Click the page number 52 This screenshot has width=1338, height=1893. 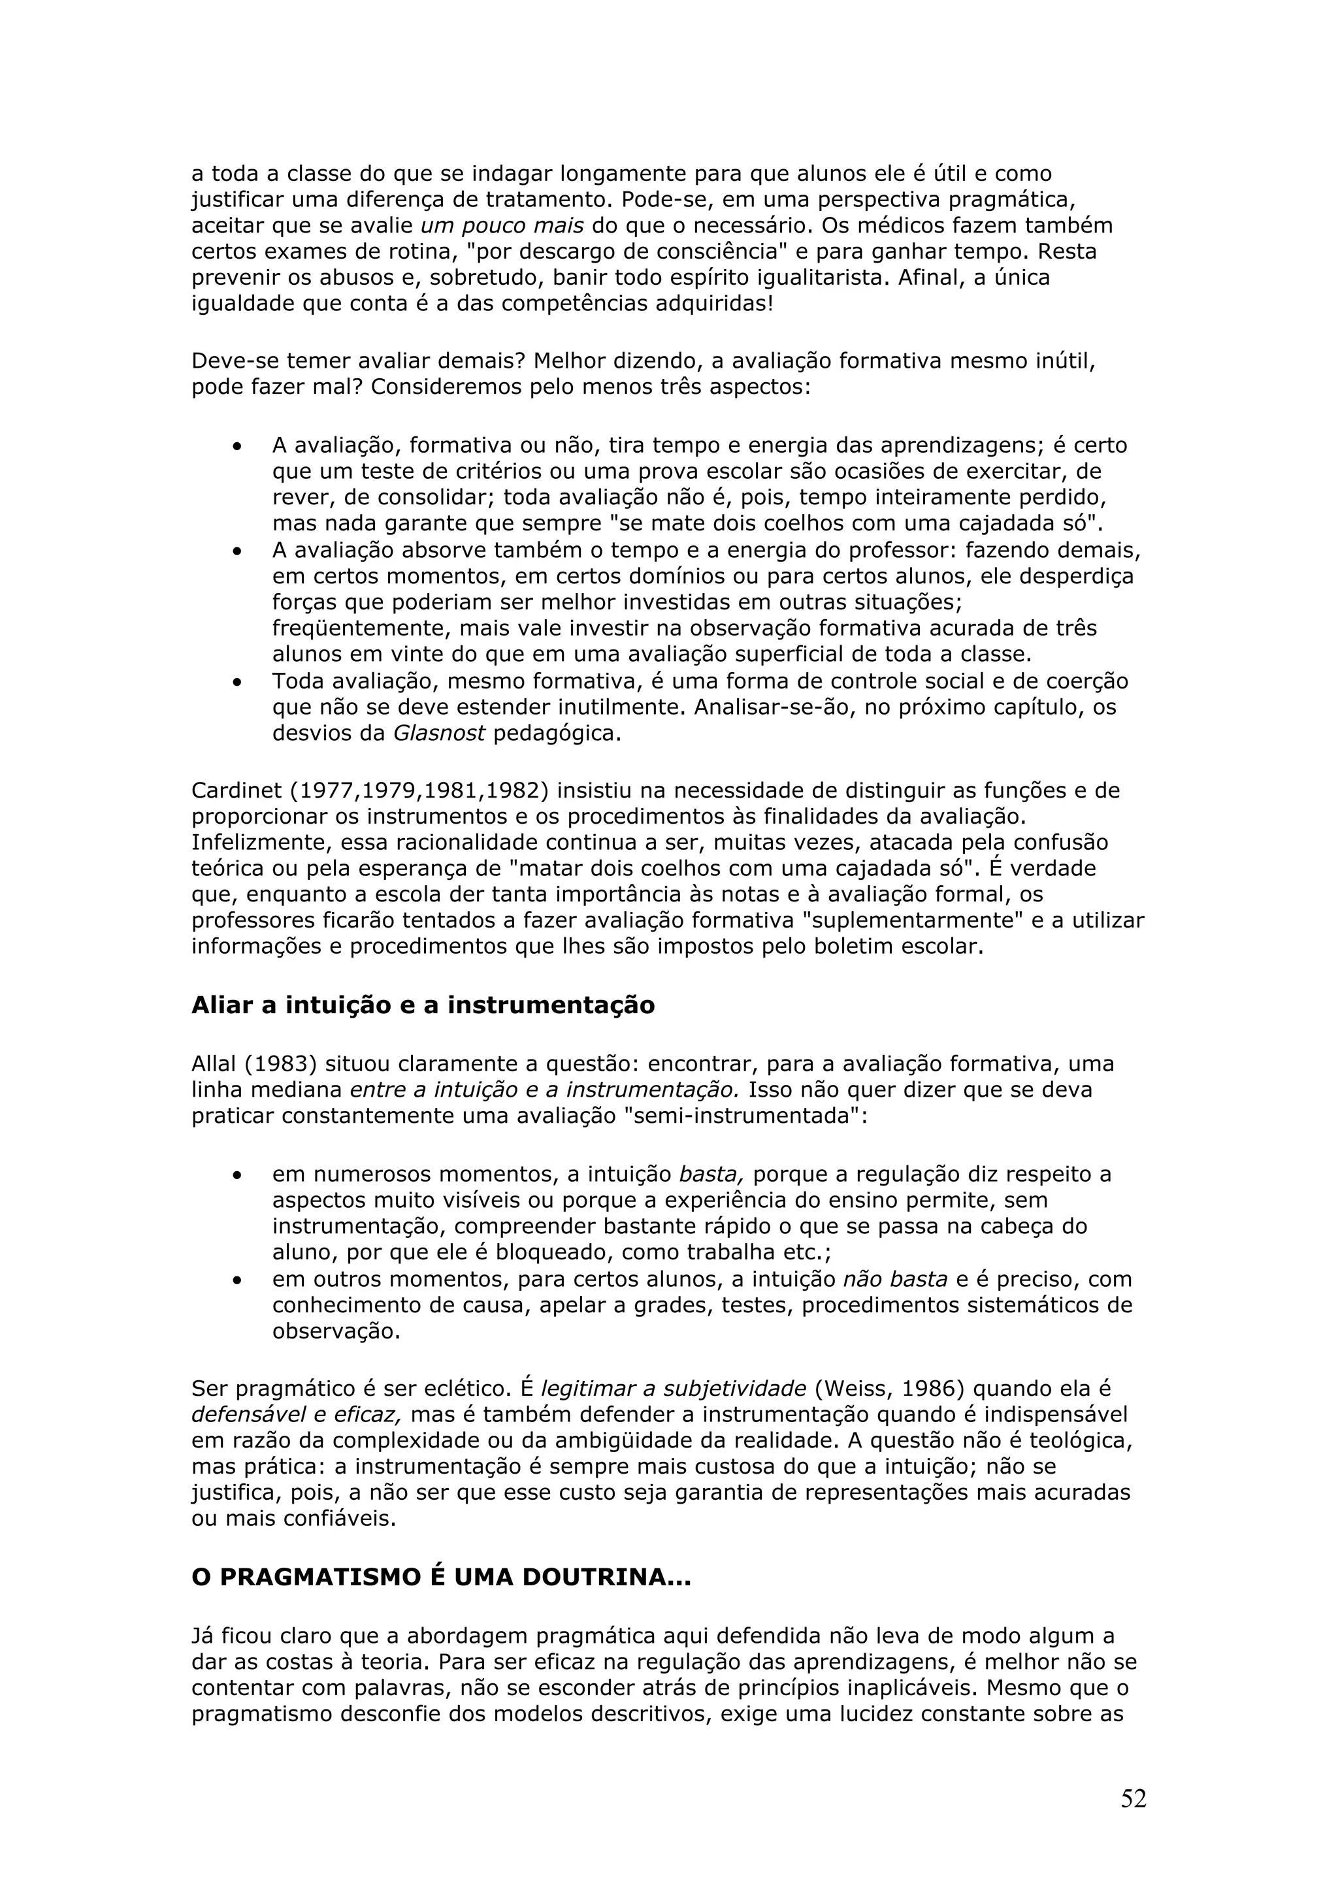[1133, 1798]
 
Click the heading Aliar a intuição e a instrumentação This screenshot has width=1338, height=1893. [423, 1005]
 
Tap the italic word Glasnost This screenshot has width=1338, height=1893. [438, 733]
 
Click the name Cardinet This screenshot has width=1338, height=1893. [237, 790]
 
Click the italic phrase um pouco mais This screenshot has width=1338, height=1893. [502, 225]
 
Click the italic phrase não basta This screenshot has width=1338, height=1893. [894, 1279]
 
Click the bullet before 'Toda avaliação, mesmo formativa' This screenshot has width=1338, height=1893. [237, 683]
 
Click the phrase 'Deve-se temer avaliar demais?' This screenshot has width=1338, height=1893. [359, 361]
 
